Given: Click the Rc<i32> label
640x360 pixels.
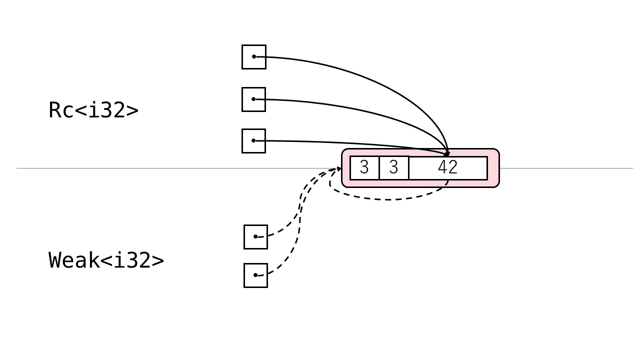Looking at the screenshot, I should [93, 110].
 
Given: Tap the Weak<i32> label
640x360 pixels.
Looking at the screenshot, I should [106, 260].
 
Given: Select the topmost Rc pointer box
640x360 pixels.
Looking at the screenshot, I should [254, 57].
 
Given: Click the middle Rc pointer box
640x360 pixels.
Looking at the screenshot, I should [254, 99].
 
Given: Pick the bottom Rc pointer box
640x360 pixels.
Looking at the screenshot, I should [254, 141].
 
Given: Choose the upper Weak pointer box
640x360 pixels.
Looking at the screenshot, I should [255, 237].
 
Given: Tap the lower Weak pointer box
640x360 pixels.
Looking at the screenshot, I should [255, 275].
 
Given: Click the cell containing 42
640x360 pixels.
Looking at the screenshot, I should [447, 168].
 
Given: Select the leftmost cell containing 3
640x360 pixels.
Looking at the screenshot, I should [364, 168].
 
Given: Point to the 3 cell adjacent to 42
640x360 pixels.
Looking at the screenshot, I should [394, 168].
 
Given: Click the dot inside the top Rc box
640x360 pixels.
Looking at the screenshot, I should [254, 56].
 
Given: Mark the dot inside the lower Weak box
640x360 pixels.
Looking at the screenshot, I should [255, 275].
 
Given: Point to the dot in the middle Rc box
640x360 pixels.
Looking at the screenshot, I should [253, 99].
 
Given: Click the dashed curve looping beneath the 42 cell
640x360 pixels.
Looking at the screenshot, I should [390, 199].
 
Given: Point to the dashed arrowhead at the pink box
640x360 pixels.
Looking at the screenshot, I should [339, 168].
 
